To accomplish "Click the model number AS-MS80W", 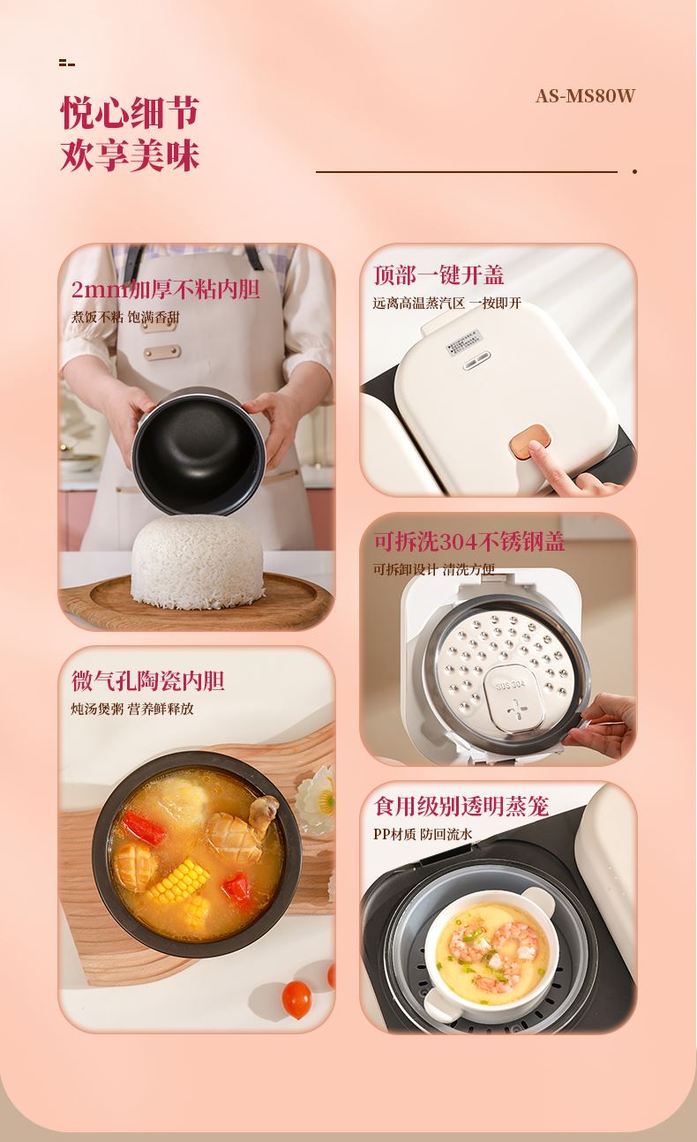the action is click(x=586, y=96).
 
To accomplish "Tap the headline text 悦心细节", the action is click(x=130, y=113).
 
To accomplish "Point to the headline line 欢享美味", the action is click(x=130, y=154).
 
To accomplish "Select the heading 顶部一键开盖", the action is click(x=438, y=275).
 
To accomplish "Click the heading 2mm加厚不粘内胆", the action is click(x=166, y=289).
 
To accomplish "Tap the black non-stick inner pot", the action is click(x=199, y=451).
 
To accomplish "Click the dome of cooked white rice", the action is click(x=198, y=562).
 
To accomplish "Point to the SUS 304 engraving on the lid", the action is click(x=511, y=684).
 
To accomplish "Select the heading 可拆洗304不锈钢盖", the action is click(x=468, y=541).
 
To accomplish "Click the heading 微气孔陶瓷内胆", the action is click(x=147, y=680).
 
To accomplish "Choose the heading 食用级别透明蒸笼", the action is click(x=461, y=807).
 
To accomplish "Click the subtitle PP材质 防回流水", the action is click(x=423, y=835).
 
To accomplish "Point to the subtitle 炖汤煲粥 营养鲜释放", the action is click(x=132, y=709).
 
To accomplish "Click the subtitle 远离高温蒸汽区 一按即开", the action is click(x=446, y=304).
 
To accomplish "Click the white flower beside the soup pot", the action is click(x=317, y=799).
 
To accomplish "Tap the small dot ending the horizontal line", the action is click(x=634, y=172).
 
